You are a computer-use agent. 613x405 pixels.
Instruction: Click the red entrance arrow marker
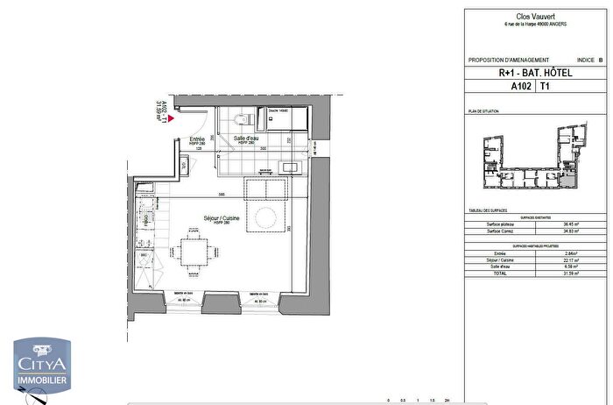coord(173,115)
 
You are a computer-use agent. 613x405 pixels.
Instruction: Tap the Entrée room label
coord(199,140)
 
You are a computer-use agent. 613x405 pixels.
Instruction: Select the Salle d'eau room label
coord(246,140)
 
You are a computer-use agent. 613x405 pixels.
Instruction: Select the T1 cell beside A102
coord(545,87)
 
